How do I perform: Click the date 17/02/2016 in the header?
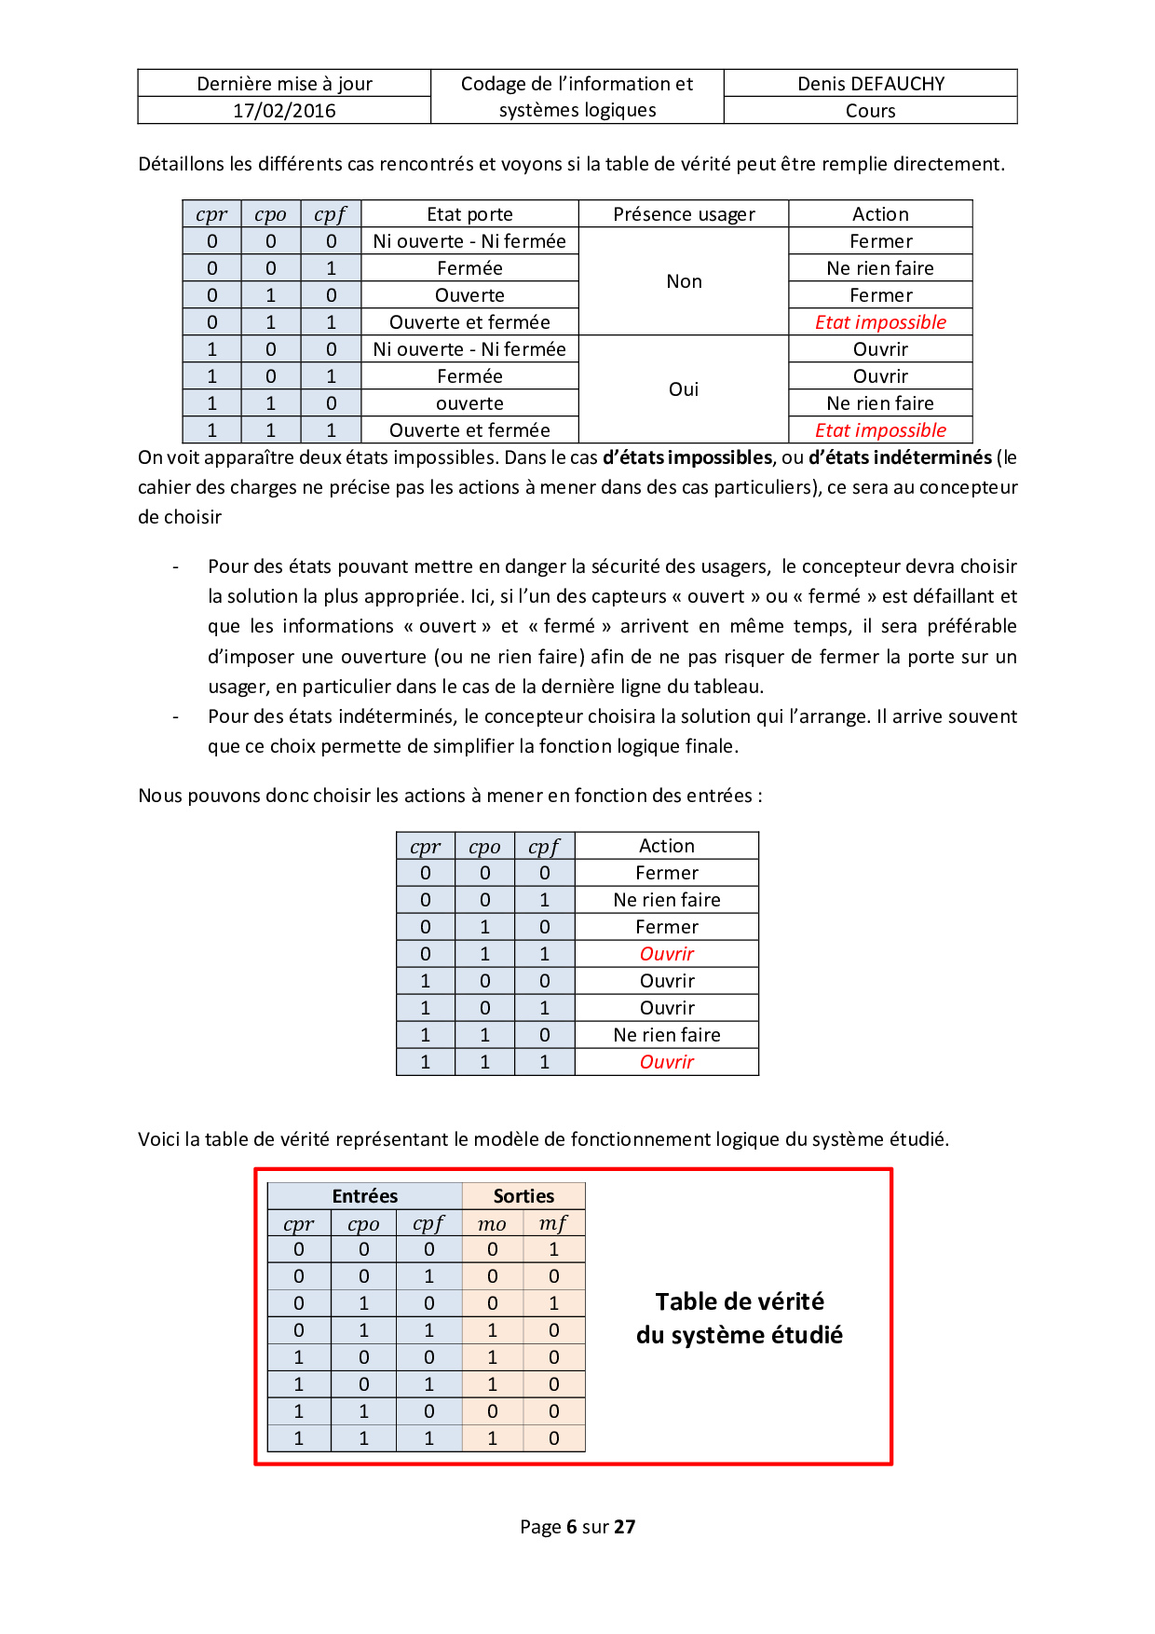pyautogui.click(x=284, y=111)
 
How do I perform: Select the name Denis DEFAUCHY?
pyautogui.click(x=870, y=84)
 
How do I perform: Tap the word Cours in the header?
pyautogui.click(x=870, y=111)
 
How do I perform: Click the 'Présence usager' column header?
pyautogui.click(x=684, y=214)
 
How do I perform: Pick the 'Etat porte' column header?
pyautogui.click(x=469, y=214)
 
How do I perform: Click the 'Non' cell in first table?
pyautogui.click(x=684, y=281)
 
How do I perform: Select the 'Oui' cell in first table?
pyautogui.click(x=684, y=389)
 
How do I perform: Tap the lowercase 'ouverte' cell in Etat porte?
pyautogui.click(x=469, y=403)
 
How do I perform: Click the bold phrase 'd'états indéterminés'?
pyautogui.click(x=900, y=457)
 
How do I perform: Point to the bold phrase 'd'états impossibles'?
pyautogui.click(x=687, y=457)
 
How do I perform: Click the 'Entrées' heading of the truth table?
pyautogui.click(x=364, y=1196)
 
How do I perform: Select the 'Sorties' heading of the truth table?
pyautogui.click(x=523, y=1196)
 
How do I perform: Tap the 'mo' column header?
pyautogui.click(x=492, y=1224)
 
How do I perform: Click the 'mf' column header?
pyautogui.click(x=553, y=1224)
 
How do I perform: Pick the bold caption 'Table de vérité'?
pyautogui.click(x=740, y=1301)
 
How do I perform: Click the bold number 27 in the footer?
pyautogui.click(x=625, y=1527)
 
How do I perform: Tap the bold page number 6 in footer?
pyautogui.click(x=571, y=1527)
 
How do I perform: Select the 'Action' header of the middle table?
pyautogui.click(x=667, y=846)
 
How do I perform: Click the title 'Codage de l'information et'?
pyautogui.click(x=577, y=84)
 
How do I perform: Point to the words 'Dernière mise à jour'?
pyautogui.click(x=284, y=84)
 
